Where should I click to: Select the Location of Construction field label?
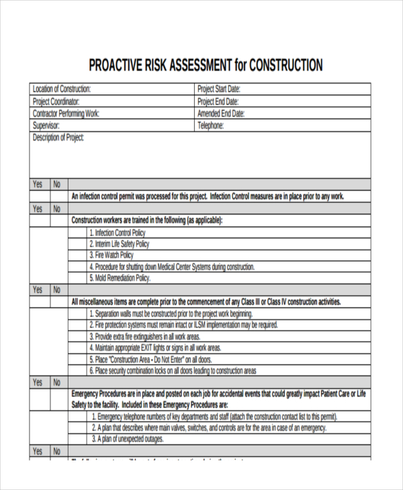62,89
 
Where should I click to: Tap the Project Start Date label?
219,89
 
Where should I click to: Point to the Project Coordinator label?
60,101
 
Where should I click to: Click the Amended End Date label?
221,113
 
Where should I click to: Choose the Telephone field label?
210,126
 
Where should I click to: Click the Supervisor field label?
46,126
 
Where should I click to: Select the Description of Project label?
58,138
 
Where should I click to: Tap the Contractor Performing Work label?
66,113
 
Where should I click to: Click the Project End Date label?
218,101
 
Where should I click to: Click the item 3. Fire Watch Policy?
111,255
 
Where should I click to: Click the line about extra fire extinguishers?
144,336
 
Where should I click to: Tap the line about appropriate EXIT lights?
154,348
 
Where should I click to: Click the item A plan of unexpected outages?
128,439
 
